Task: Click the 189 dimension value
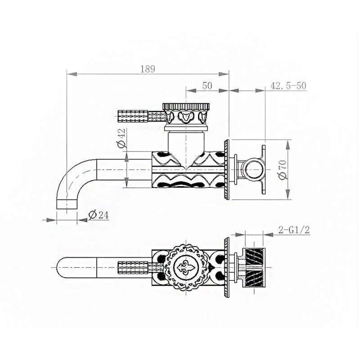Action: click(148, 69)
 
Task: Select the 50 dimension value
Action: click(207, 85)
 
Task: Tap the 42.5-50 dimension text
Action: click(288, 85)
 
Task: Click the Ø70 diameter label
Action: click(283, 170)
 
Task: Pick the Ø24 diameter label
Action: click(99, 215)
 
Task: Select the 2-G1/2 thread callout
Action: click(294, 230)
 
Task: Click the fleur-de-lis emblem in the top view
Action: click(186, 267)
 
